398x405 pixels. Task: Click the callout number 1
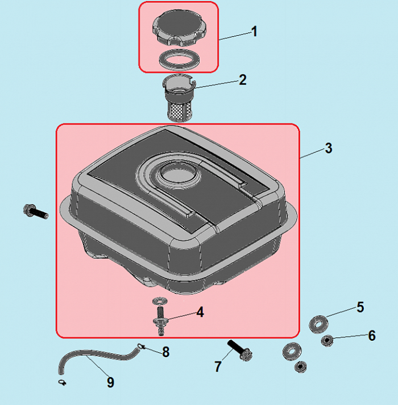point(255,31)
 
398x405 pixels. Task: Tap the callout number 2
point(243,80)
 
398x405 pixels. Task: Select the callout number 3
point(329,148)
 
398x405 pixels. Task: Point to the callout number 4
point(200,312)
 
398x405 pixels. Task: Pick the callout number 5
point(360,307)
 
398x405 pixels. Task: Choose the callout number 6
point(372,336)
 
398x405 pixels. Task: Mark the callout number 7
point(218,366)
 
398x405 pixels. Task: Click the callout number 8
point(165,352)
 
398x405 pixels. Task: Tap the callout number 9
point(110,382)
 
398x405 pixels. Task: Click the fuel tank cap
point(179,28)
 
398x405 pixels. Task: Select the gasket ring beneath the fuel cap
point(179,60)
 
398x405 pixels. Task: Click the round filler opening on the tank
point(178,172)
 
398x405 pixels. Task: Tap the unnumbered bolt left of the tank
point(36,212)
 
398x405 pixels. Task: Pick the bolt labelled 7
point(240,351)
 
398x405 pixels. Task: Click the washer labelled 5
point(319,324)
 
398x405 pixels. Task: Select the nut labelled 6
point(327,341)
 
